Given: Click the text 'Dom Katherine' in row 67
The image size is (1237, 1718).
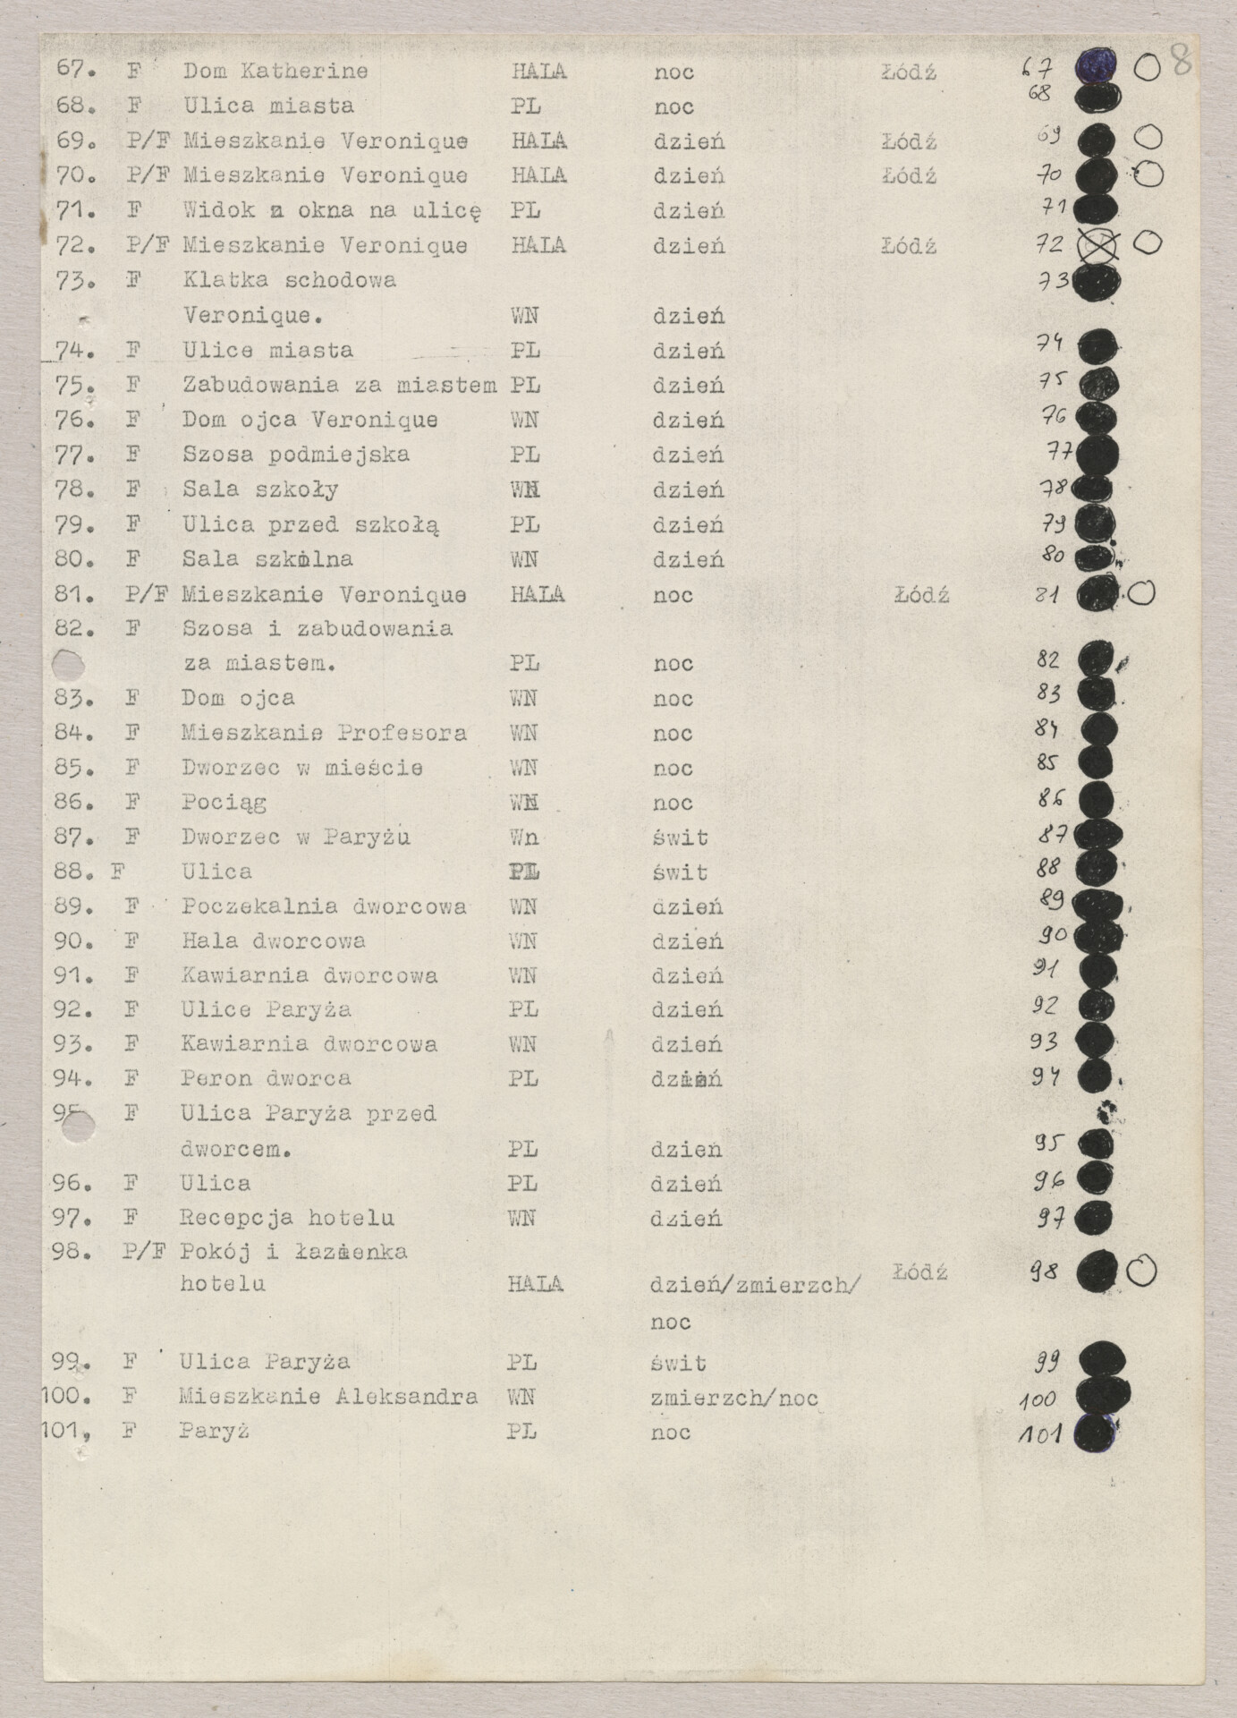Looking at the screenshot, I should click(x=275, y=71).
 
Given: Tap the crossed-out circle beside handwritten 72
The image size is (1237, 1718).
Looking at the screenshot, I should click(x=1097, y=244).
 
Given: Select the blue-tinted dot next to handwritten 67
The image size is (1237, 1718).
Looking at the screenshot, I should click(x=1096, y=65).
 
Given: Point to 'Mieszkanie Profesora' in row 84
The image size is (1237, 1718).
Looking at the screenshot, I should click(x=324, y=733).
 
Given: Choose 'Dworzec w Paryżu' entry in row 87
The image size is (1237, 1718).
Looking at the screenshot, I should click(x=296, y=838).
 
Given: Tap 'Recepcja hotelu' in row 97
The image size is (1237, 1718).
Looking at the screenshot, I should click(x=287, y=1218).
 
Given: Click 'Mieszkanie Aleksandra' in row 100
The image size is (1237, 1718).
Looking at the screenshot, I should click(x=328, y=1396).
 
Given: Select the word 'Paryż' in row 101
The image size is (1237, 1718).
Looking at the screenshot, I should click(x=214, y=1431).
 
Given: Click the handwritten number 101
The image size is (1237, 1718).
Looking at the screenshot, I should click(x=1040, y=1434).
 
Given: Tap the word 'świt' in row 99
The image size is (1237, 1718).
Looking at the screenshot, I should click(x=680, y=1363).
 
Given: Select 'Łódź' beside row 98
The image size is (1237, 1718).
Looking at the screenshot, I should click(x=919, y=1272).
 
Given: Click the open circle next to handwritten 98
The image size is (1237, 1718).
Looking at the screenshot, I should click(x=1142, y=1271).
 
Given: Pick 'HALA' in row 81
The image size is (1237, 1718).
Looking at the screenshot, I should click(x=537, y=594).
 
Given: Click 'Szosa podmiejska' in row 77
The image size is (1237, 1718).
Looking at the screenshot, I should click(x=296, y=455).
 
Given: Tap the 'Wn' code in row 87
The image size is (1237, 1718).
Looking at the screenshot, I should click(x=524, y=838).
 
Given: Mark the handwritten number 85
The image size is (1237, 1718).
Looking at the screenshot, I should click(x=1046, y=763).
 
